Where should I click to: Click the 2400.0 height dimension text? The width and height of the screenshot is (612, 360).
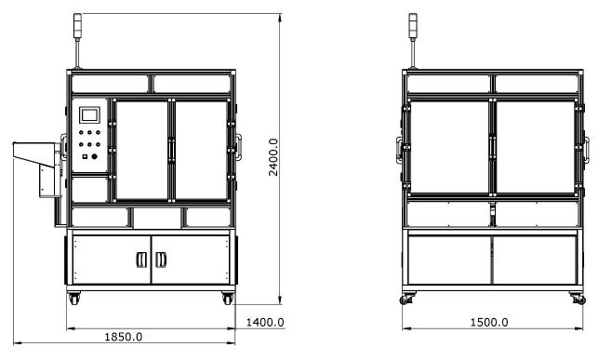pos(273,157)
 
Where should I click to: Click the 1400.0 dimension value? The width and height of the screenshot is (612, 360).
pos(265,323)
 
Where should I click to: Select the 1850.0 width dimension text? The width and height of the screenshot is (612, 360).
pos(124,337)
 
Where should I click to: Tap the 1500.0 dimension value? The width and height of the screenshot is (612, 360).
pos(489,323)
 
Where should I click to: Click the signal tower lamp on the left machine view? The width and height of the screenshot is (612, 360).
pos(78,26)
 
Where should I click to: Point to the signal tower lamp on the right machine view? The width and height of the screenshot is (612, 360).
pos(413,26)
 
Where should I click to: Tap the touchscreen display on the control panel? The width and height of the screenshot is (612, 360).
pos(89,114)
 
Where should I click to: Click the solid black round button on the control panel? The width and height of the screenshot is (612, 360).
pos(94,156)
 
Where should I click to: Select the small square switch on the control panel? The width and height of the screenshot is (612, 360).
pos(85,156)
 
